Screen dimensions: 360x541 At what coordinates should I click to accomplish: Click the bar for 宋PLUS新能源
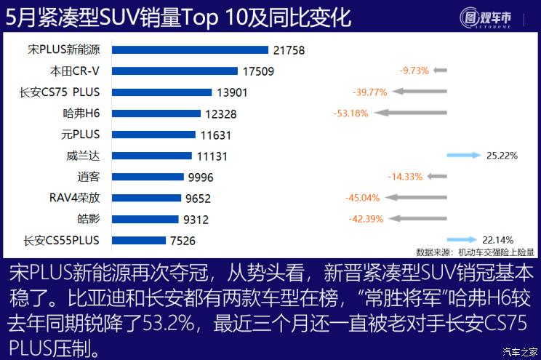pos(190,50)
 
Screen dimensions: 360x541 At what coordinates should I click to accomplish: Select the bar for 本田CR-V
pos(175,71)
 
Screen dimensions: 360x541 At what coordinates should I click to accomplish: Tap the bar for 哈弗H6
pos(156,113)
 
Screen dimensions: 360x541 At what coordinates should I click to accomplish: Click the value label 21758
pos(289,50)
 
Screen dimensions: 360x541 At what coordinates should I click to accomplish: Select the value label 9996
pos(201,177)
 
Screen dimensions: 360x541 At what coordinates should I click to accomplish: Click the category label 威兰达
pos(82,156)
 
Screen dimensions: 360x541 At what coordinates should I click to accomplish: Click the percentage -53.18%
pos(351,113)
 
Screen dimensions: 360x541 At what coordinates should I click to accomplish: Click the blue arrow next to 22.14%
pos(461,239)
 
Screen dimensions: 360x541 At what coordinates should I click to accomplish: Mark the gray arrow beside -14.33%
pos(437,177)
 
